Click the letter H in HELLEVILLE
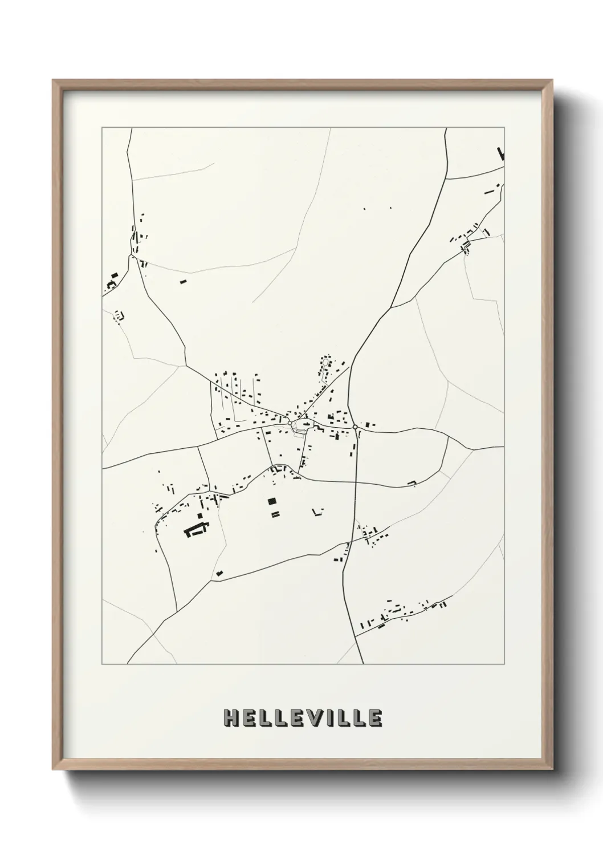coord(232,719)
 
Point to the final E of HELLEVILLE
coord(374,719)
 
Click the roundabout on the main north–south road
coord(355,427)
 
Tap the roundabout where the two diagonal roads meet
coord(290,423)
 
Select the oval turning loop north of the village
coord(325,362)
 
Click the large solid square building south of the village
coord(272,501)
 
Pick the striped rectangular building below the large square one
coord(275,514)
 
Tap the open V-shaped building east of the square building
coord(317,512)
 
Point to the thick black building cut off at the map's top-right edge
coord(502,154)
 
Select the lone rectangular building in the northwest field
coord(183,281)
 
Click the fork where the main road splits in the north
coord(392,307)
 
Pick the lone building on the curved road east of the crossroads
coord(411,484)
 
